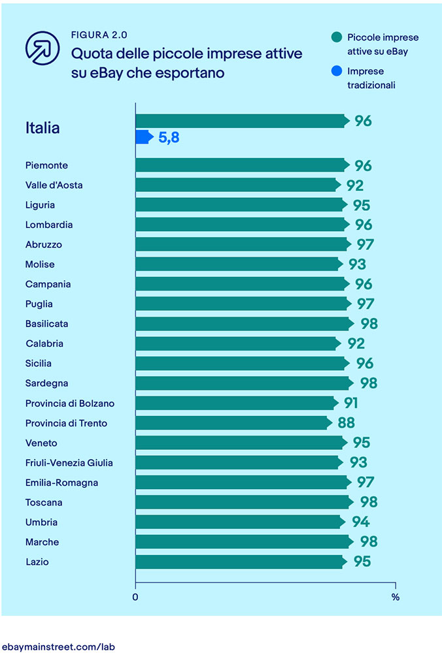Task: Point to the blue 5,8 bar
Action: (144, 137)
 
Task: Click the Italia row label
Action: (42, 128)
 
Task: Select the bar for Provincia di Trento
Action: (233, 423)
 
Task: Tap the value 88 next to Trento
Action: (346, 423)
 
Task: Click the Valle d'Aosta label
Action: (54, 185)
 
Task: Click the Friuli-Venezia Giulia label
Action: (69, 463)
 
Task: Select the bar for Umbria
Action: (239, 522)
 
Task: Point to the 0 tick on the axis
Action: (135, 596)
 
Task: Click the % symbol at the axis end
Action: (395, 596)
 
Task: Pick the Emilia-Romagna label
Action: (62, 483)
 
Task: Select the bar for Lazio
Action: (239, 562)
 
